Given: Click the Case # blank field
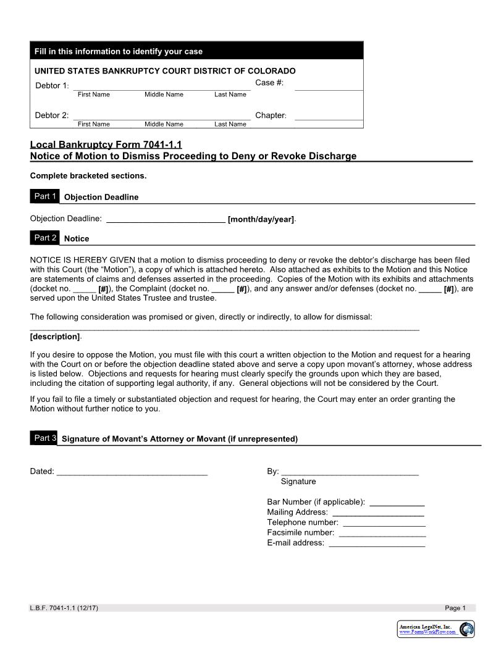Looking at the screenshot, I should tap(329, 86).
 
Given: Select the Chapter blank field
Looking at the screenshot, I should tap(329, 116).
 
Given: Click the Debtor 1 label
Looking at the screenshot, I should tap(52, 85).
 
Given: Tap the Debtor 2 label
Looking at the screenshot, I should tap(52, 115).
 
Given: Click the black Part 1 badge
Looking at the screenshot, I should tap(45, 196).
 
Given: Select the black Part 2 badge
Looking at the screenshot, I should tap(45, 238).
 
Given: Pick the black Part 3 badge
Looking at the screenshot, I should tap(44, 438).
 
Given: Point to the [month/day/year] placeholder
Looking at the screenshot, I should tap(261, 219).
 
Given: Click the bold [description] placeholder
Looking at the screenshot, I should tap(55, 336).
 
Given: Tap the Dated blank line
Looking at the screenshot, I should tap(132, 472).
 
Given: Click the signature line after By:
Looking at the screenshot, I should tap(350, 472).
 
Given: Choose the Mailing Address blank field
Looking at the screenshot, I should tap(378, 512).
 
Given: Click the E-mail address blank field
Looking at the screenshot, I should tap(377, 543).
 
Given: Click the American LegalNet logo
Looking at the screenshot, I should tap(436, 629).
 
